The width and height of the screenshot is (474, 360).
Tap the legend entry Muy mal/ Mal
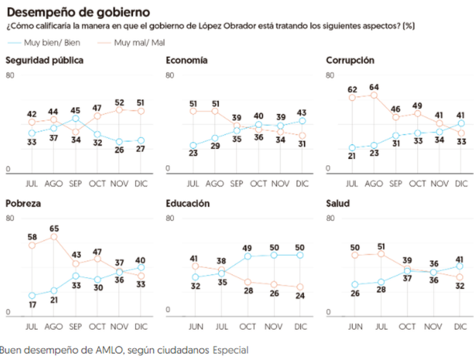click(x=137, y=42)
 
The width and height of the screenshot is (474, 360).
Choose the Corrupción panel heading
click(x=351, y=60)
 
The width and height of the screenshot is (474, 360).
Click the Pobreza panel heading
click(x=23, y=204)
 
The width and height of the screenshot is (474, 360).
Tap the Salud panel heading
click(x=338, y=204)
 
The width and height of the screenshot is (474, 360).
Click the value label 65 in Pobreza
click(x=53, y=227)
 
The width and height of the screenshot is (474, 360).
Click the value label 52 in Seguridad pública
click(x=118, y=102)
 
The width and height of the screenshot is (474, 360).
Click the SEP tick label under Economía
click(x=236, y=184)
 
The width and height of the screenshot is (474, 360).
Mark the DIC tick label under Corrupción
click(x=460, y=184)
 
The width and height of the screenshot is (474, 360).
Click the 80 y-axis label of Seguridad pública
click(x=9, y=75)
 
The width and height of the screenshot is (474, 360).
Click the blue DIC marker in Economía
click(x=302, y=121)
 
